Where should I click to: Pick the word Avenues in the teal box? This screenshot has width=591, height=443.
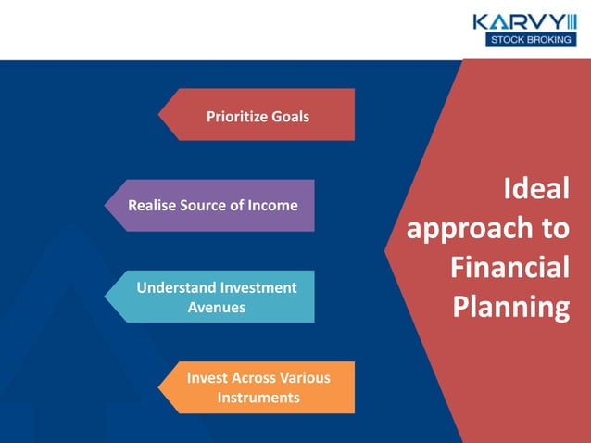click(217, 307)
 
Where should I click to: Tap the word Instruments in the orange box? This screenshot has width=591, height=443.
click(258, 398)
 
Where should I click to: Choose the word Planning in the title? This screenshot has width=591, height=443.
click(510, 307)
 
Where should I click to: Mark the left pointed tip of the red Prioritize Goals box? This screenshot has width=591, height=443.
click(159, 115)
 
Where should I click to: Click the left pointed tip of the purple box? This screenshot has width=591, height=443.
click(105, 205)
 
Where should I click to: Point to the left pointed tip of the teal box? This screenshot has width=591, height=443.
click(105, 296)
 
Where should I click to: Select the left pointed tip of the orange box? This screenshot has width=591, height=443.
click(159, 387)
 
